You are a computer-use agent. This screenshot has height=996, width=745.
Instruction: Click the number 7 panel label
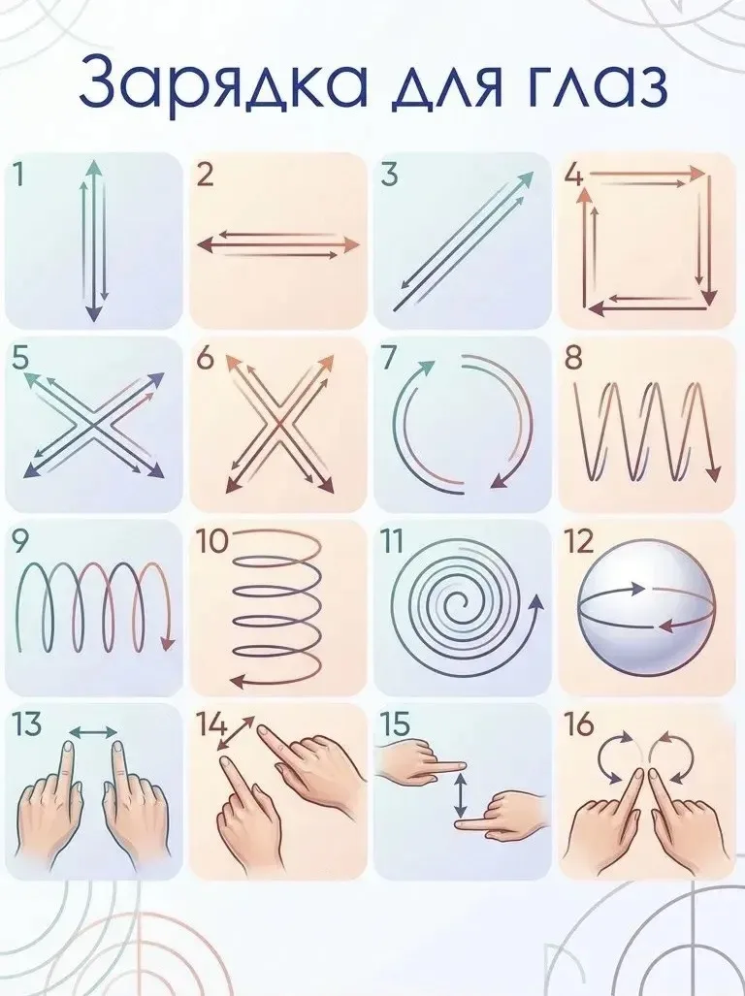(388, 358)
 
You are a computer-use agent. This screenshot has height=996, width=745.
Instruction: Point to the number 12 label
(579, 542)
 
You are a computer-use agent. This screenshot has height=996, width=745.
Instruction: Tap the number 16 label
(578, 724)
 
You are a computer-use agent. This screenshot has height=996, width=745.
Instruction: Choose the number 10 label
(211, 542)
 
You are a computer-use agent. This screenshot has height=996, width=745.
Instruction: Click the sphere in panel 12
(647, 607)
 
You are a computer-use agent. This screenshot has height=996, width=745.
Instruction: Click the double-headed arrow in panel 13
(93, 732)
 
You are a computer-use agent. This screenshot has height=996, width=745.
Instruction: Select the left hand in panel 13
(49, 803)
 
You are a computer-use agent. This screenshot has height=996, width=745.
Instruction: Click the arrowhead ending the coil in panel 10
(237, 682)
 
